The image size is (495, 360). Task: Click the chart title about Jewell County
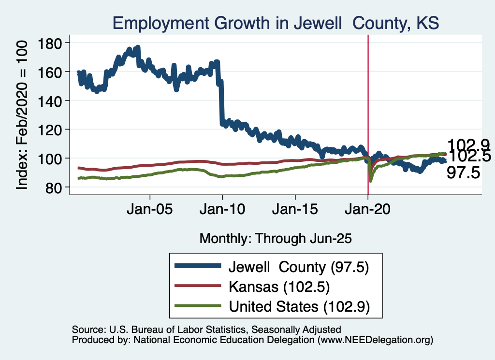coord(275,23)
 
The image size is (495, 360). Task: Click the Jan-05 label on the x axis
coord(150,211)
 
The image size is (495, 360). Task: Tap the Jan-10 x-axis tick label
coord(222,211)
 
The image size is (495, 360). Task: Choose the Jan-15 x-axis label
coord(295,211)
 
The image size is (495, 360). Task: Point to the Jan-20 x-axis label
coord(368,211)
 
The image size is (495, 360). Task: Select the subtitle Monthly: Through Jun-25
coord(276,238)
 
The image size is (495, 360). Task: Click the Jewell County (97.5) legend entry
coord(299,266)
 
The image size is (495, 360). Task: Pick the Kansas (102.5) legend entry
coord(279,287)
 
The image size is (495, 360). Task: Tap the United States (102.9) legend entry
coord(299,306)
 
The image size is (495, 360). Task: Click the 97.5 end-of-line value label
coord(463,173)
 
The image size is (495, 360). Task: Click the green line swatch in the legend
coord(198,306)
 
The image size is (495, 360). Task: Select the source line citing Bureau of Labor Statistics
coord(206,330)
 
